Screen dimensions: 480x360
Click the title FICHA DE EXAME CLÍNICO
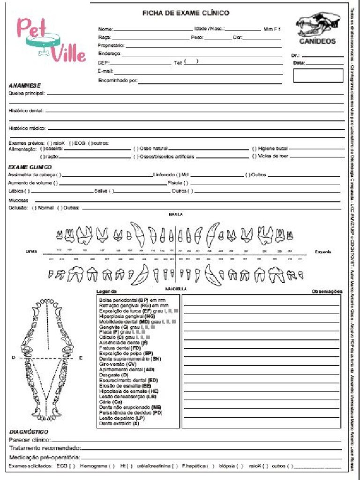(186, 13)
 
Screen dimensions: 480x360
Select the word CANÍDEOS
(317, 41)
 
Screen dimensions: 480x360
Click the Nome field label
(105, 29)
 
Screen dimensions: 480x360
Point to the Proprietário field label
(111, 45)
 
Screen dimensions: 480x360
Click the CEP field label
(104, 62)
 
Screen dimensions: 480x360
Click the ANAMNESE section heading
(25, 86)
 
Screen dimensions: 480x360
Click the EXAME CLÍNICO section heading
(30, 167)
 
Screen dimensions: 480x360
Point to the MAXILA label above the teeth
(175, 214)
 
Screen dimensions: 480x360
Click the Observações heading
(327, 292)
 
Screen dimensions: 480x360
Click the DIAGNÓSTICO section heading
(29, 432)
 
